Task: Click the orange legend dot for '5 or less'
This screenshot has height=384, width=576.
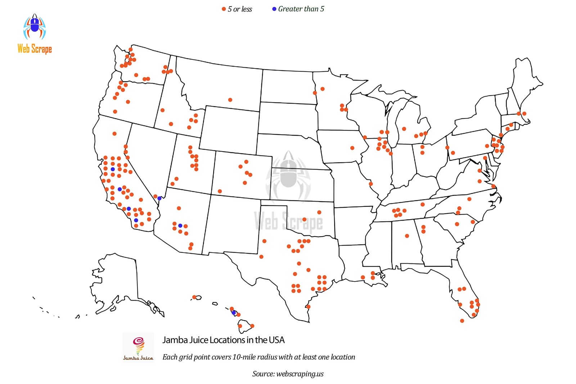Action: coord(224,9)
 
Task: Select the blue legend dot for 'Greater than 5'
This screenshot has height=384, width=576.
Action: coord(274,9)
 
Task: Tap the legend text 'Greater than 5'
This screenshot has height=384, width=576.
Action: coord(301,9)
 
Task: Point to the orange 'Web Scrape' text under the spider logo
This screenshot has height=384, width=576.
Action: coord(35,49)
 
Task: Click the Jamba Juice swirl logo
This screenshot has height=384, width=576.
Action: coord(139,345)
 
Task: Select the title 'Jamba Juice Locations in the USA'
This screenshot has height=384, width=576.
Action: coord(223,340)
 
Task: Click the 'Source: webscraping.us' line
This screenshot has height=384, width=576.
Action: coord(288,374)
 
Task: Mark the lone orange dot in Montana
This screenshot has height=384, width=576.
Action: coord(230,100)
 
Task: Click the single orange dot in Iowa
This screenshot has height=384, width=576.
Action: coord(352,148)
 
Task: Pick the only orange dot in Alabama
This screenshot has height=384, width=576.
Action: coord(407,236)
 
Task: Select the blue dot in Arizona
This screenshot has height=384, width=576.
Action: coord(180,226)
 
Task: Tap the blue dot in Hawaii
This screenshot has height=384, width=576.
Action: coord(234,313)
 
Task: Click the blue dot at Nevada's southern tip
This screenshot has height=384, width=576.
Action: coord(159,198)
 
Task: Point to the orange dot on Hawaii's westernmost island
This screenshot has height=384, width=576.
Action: coord(194,297)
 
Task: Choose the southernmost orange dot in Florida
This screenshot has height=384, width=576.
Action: coord(462,321)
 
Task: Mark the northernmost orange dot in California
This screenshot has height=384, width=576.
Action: coord(114,134)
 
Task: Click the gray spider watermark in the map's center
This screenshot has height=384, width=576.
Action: coord(288,176)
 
